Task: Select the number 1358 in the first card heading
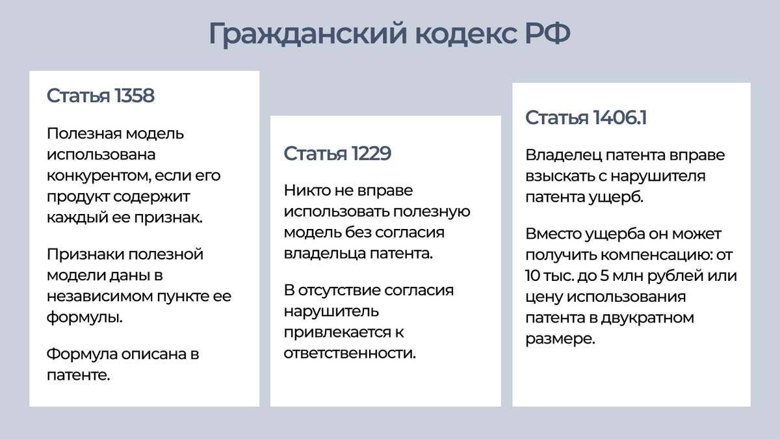134,96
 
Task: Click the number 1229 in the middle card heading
371,153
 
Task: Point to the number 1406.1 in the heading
619,118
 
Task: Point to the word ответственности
349,353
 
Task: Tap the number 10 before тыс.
534,275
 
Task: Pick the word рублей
685,275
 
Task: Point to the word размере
560,339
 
